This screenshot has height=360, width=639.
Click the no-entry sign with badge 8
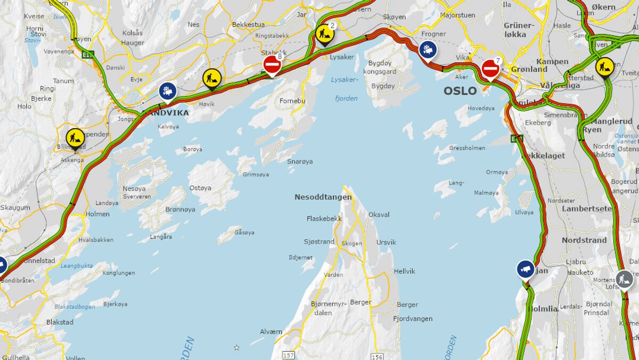(272, 65)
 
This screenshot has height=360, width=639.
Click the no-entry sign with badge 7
(490, 69)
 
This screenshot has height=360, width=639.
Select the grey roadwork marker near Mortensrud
(624, 279)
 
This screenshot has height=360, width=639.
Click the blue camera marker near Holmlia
(526, 269)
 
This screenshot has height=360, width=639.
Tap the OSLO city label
(460, 91)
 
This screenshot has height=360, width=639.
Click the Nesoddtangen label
(323, 197)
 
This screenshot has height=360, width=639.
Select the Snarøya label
(300, 161)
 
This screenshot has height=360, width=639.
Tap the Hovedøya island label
(481, 108)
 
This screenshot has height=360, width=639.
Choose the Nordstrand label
(584, 240)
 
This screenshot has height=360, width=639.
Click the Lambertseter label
(587, 209)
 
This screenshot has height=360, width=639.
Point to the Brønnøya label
(180, 209)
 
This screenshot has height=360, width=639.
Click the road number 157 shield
(288, 355)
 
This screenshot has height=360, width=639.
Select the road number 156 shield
(376, 355)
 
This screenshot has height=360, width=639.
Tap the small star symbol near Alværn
(236, 348)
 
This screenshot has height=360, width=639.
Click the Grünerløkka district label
(518, 30)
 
